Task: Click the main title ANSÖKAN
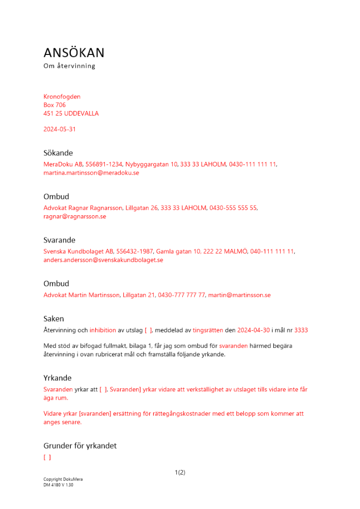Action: click(74, 53)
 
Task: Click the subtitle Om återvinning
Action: click(69, 66)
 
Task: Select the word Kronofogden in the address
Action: click(62, 97)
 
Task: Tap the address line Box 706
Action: click(54, 105)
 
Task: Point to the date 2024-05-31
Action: click(60, 129)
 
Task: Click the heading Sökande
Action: click(58, 153)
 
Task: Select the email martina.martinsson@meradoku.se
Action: click(91, 173)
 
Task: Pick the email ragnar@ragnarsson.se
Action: click(75, 216)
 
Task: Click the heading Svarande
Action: click(60, 240)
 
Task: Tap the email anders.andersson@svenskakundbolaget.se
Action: click(103, 260)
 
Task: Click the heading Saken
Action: click(53, 319)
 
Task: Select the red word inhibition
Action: click(103, 330)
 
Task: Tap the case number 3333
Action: click(301, 330)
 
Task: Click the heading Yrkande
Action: click(58, 378)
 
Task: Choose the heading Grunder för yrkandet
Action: click(80, 446)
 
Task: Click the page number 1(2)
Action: click(180, 472)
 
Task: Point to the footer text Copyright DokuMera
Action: click(63, 479)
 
